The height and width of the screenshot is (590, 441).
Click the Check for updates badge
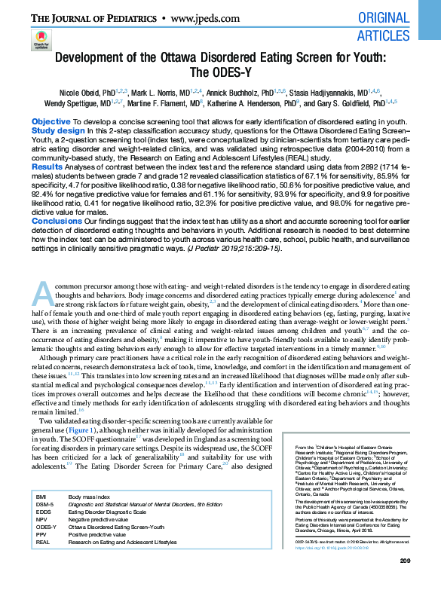[x=41, y=42]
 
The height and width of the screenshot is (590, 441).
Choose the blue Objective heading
[x=51, y=121]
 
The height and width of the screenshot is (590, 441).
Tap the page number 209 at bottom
[x=404, y=580]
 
